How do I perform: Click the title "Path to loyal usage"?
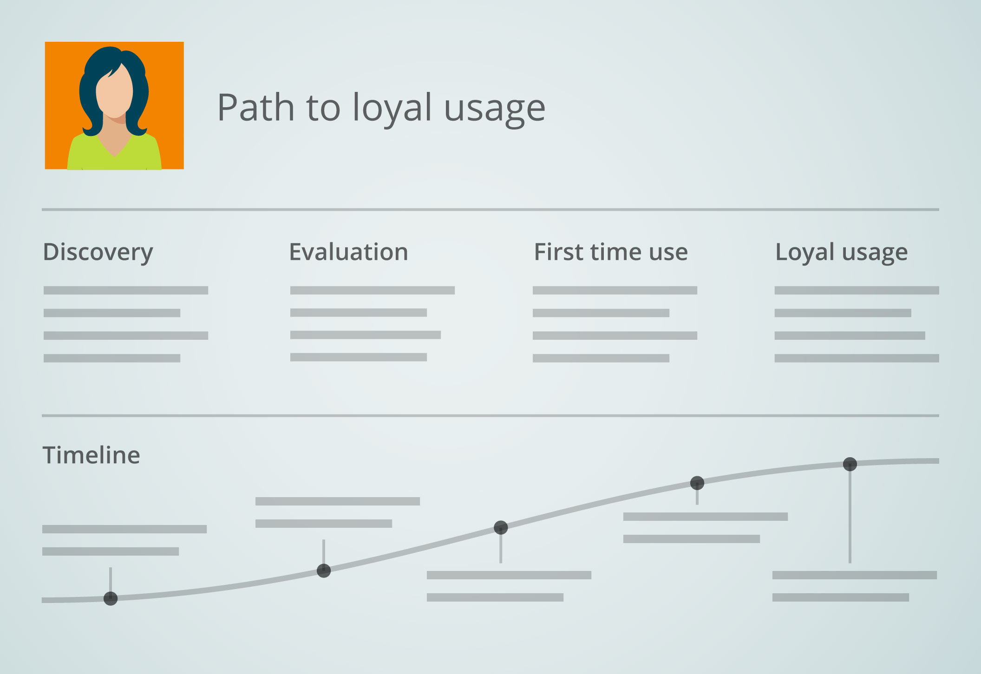pyautogui.click(x=381, y=109)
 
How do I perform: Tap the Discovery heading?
pyautogui.click(x=98, y=253)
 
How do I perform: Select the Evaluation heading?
pyautogui.click(x=348, y=252)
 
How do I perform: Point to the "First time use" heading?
pyautogui.click(x=611, y=252)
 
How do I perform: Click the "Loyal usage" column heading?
pyautogui.click(x=842, y=253)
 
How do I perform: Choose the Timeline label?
pyautogui.click(x=91, y=455)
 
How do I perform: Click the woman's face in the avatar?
pyautogui.click(x=114, y=93)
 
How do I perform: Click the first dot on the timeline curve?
pyautogui.click(x=111, y=599)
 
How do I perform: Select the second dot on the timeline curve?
pyautogui.click(x=324, y=570)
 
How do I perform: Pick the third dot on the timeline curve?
pyautogui.click(x=501, y=527)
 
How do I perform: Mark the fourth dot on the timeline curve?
pyautogui.click(x=697, y=483)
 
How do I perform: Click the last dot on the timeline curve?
pyautogui.click(x=850, y=464)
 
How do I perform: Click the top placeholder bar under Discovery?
pyautogui.click(x=126, y=291)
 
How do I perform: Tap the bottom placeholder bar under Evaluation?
pyautogui.click(x=359, y=357)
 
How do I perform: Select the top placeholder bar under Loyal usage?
pyautogui.click(x=857, y=291)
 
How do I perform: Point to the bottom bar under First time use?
pyautogui.click(x=601, y=358)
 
